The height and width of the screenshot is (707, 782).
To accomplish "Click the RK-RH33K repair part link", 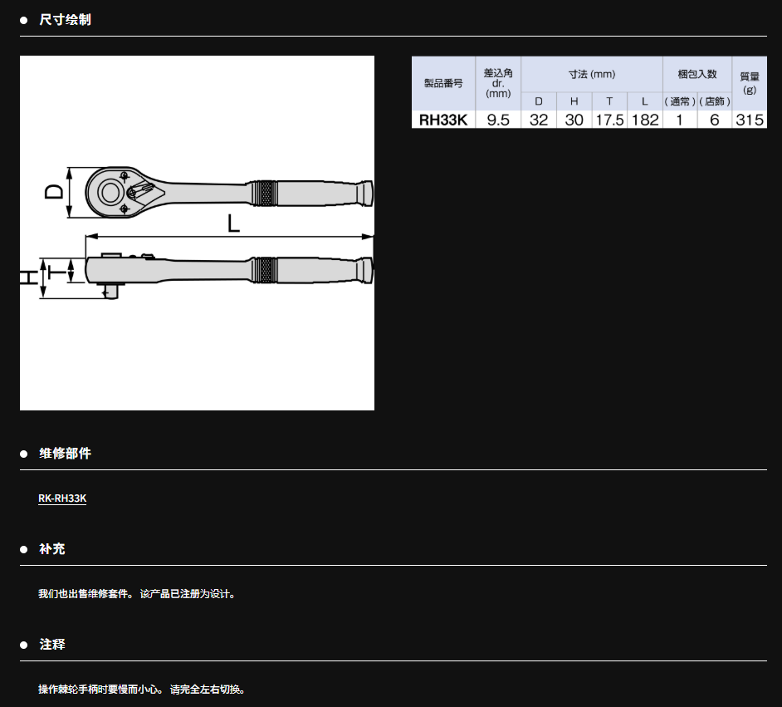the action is pyautogui.click(x=62, y=498).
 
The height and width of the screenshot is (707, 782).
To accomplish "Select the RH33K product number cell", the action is pyautogui.click(x=443, y=120).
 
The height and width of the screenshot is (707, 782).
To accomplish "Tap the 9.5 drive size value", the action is pyautogui.click(x=498, y=120).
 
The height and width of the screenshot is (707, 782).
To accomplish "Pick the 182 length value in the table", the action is pyautogui.click(x=645, y=120).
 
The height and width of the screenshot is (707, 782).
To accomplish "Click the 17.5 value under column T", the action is pyautogui.click(x=609, y=120).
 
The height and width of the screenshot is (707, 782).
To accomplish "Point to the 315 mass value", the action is pyautogui.click(x=750, y=120).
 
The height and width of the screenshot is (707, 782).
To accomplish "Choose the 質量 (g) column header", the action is pyautogui.click(x=750, y=83).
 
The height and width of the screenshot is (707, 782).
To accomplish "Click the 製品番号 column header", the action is pyautogui.click(x=443, y=83).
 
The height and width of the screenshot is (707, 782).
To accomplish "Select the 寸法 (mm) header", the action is pyautogui.click(x=592, y=74).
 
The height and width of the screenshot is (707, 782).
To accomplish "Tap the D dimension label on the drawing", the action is pyautogui.click(x=54, y=192).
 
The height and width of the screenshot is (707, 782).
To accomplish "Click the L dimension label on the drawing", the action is pyautogui.click(x=233, y=223).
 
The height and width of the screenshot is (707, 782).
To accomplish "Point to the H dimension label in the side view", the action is pyautogui.click(x=28, y=277).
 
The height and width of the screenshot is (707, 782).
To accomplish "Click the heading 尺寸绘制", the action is pyautogui.click(x=66, y=19).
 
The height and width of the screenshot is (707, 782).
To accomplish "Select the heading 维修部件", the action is pyautogui.click(x=66, y=453).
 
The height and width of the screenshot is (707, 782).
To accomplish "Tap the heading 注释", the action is pyautogui.click(x=52, y=644).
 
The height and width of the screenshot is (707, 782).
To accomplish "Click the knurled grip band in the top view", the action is pyautogui.click(x=264, y=194).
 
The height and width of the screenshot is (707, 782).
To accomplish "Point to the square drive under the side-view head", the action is pyautogui.click(x=110, y=291).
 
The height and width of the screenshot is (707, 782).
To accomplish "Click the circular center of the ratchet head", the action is pyautogui.click(x=110, y=193).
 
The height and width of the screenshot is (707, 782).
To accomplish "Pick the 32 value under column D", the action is pyautogui.click(x=539, y=120).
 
